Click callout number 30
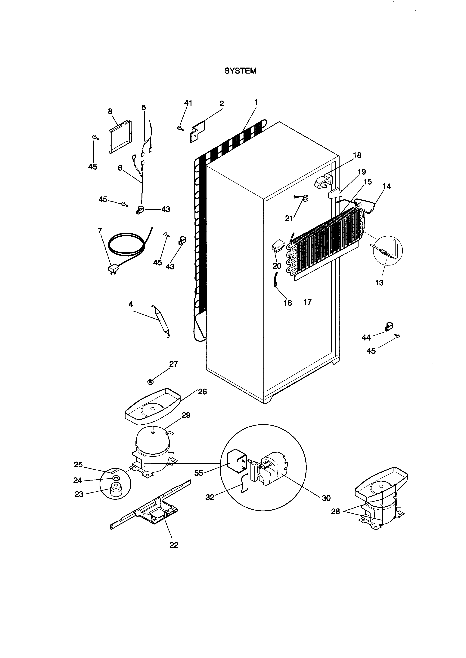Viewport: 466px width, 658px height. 326,498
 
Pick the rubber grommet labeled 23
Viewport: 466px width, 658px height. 116,490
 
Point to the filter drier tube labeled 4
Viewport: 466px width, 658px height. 161,321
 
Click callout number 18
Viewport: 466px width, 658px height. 357,156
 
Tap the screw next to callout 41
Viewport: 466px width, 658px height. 180,129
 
